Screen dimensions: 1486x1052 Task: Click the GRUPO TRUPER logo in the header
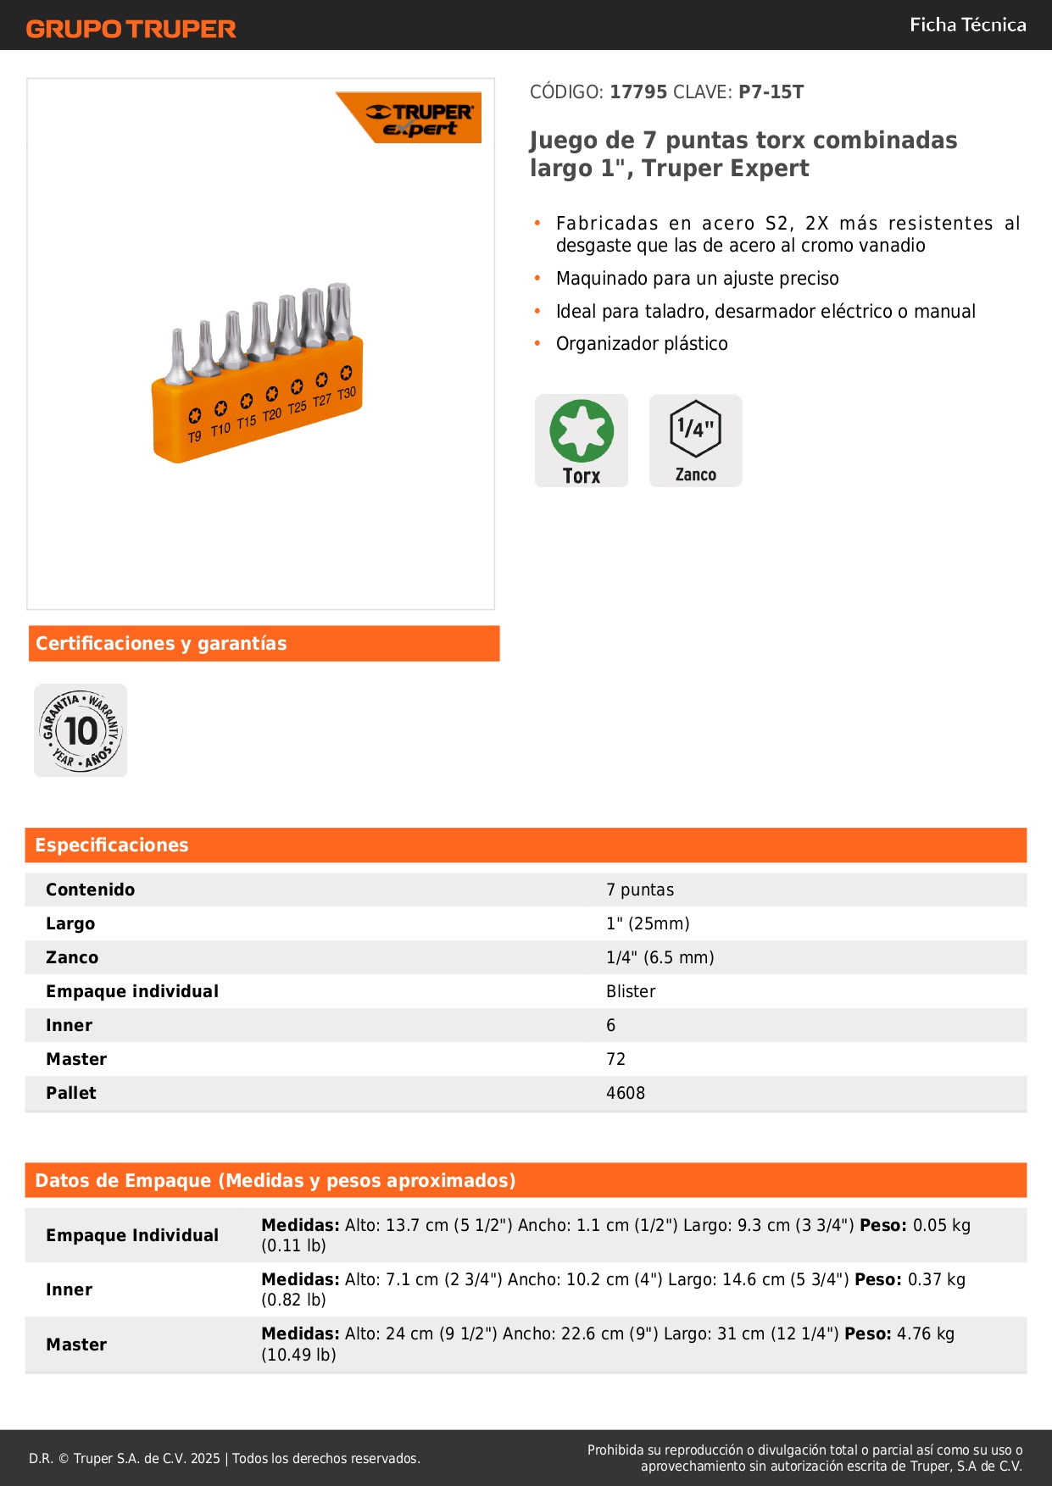pos(131,29)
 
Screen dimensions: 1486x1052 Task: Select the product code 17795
pos(638,91)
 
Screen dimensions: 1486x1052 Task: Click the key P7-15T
pos(771,91)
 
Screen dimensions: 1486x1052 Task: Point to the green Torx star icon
pos(582,430)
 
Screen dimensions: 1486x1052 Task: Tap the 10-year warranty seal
pos(81,730)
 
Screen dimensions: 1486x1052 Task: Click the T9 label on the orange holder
pos(195,436)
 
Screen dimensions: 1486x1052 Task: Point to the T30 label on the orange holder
pos(347,394)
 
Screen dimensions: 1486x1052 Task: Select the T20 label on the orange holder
pos(271,415)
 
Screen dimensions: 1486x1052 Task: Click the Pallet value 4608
pos(626,1093)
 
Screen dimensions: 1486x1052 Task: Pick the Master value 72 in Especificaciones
pos(615,1059)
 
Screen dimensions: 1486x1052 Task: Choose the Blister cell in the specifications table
pos(631,991)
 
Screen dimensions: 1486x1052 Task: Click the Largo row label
pos(70,923)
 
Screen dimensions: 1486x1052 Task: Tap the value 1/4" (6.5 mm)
pos(660,957)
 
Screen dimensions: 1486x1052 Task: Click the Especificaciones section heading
pos(112,845)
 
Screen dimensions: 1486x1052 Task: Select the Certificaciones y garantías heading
pos(161,643)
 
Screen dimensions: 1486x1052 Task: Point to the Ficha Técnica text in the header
pos(967,25)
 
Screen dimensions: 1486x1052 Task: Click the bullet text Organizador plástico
pos(642,343)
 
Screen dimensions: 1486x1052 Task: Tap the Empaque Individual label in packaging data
pos(132,1235)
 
